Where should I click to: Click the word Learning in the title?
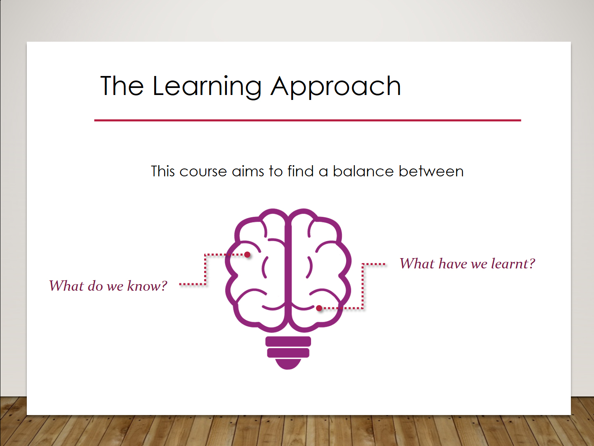click(x=207, y=87)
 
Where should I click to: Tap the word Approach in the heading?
click(x=335, y=87)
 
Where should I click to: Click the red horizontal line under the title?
click(x=307, y=120)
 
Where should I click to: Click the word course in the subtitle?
click(x=203, y=172)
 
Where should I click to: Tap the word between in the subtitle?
click(x=431, y=171)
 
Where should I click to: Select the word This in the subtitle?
click(x=163, y=171)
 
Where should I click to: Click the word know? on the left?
click(x=147, y=286)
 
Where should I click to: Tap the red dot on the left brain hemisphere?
click(x=247, y=254)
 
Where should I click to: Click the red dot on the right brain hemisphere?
click(x=319, y=308)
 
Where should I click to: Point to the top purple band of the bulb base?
click(x=288, y=341)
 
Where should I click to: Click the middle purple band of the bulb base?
click(x=288, y=353)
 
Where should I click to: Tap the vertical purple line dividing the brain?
click(x=288, y=271)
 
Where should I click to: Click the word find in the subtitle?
click(x=300, y=171)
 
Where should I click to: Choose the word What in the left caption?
click(x=66, y=286)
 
